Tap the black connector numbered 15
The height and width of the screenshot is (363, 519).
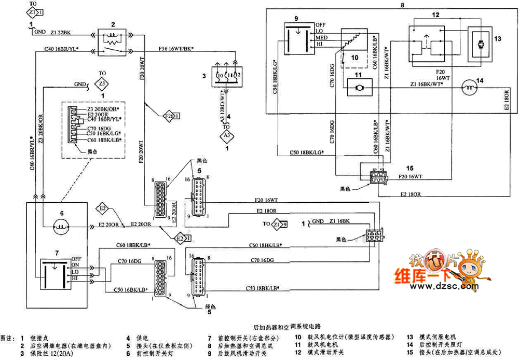coord(378,176)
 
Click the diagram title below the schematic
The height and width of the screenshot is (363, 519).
coord(286,327)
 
